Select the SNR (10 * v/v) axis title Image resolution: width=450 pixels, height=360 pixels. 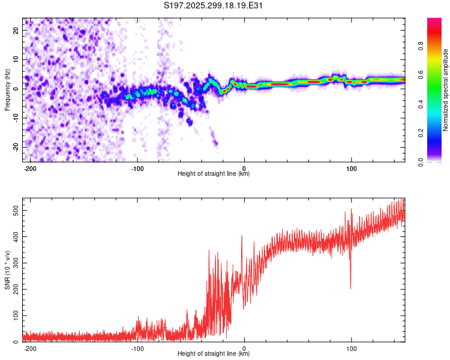click(7, 270)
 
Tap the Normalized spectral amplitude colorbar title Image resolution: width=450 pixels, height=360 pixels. click(446, 90)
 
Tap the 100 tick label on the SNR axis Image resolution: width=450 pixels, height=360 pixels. click(16, 316)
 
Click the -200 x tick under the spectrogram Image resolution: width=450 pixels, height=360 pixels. click(30, 168)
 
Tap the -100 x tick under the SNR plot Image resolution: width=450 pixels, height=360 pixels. click(137, 348)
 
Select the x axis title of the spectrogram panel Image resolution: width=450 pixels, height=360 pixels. click(214, 174)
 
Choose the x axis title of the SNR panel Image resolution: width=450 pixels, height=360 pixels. click(214, 354)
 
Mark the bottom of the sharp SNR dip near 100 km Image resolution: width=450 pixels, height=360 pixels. click(351, 288)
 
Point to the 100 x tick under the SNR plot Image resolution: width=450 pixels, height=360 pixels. click(351, 348)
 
